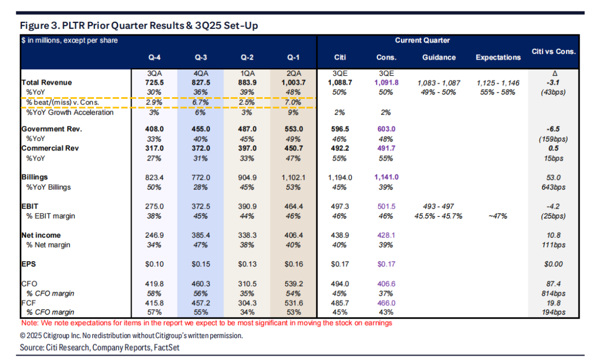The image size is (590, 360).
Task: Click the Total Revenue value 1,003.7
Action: (x=293, y=82)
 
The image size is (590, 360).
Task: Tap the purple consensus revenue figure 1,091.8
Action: (x=386, y=82)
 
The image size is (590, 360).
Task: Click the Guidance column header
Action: (x=439, y=57)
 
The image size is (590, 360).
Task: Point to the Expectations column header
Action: (x=498, y=57)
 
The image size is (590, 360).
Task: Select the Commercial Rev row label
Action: (x=48, y=147)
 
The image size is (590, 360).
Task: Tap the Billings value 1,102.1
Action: (x=293, y=177)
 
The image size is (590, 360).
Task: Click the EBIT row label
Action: (x=30, y=206)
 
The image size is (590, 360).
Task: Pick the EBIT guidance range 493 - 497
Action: (x=439, y=206)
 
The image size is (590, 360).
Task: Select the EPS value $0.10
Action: (x=152, y=264)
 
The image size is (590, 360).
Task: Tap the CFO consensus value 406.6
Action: (x=386, y=284)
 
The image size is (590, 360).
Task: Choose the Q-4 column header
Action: (x=152, y=57)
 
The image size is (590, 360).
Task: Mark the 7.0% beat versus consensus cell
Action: (x=293, y=103)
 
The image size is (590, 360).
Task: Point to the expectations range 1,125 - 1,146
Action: (x=498, y=82)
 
